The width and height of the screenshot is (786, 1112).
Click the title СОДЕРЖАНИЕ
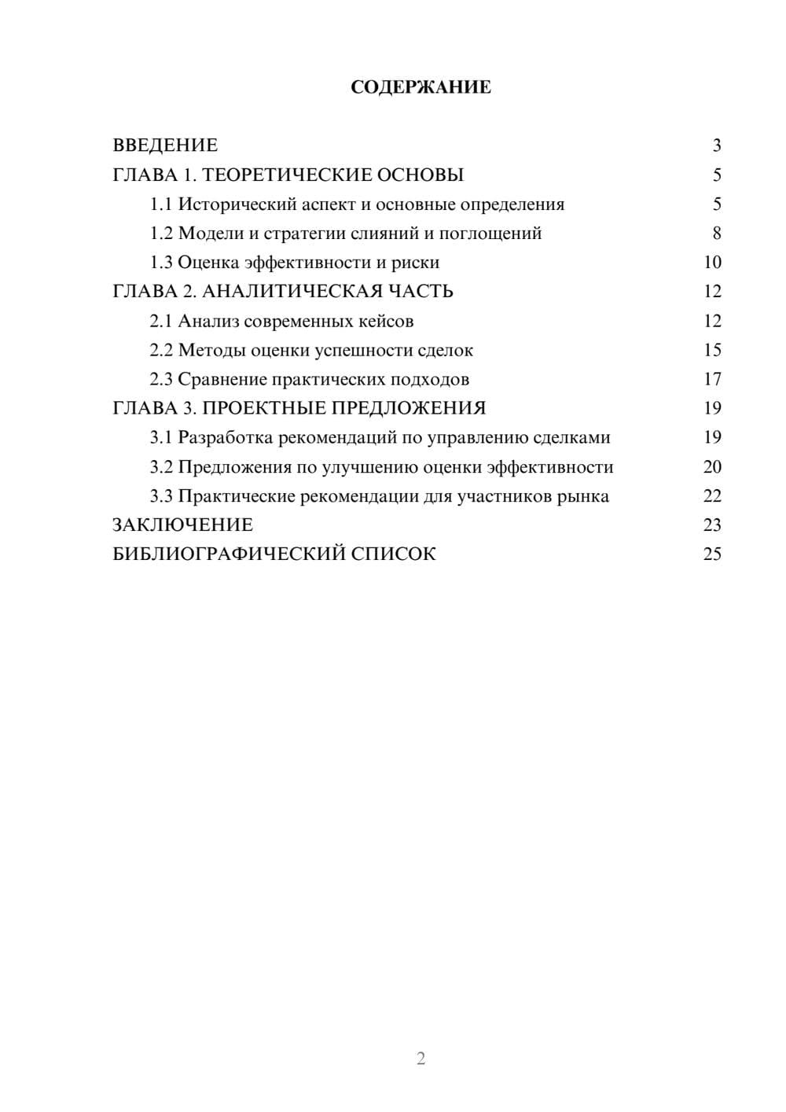(x=421, y=87)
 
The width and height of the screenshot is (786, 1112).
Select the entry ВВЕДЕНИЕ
(x=165, y=145)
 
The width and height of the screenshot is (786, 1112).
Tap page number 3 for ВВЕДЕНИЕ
(x=716, y=145)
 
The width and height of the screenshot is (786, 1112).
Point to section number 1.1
(x=161, y=204)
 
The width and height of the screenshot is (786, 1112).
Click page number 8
(x=716, y=234)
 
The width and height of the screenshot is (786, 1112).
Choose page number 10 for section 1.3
(x=712, y=263)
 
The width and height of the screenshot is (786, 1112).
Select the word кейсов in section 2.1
(x=385, y=321)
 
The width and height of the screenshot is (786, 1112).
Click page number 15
(x=712, y=350)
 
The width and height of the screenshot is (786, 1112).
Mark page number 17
(x=712, y=379)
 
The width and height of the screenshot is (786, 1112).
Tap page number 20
(x=712, y=467)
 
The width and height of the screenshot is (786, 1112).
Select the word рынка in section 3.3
(x=582, y=496)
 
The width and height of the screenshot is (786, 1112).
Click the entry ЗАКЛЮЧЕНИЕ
(x=182, y=525)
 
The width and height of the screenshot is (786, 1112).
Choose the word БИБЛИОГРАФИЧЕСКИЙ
(x=229, y=554)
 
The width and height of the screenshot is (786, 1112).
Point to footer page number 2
(x=421, y=1059)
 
